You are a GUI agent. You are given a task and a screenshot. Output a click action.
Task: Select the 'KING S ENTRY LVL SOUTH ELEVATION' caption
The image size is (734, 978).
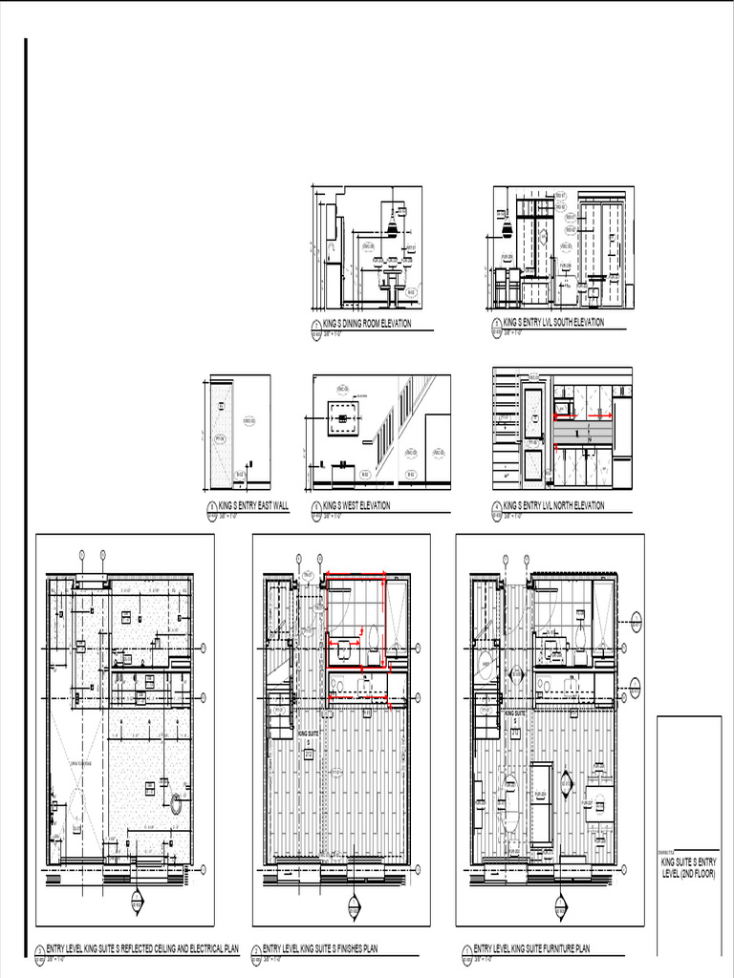coord(553,323)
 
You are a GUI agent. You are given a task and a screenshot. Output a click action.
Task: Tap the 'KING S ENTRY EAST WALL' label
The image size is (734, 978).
coord(253,505)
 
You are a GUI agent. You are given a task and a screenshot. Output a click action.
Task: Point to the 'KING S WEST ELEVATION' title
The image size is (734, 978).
coord(356,505)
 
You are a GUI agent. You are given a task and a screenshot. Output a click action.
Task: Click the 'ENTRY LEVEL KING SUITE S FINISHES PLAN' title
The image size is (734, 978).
coord(320,949)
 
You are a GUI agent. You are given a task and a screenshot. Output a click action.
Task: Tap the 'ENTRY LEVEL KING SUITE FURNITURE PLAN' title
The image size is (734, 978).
coord(531,949)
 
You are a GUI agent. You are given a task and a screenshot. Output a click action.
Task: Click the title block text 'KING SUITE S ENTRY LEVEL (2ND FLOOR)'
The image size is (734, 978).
coord(687,868)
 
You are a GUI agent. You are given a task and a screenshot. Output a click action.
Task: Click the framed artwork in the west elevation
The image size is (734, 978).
coord(341,417)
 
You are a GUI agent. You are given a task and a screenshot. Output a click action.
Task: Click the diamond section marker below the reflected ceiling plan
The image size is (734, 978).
coord(137,902)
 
